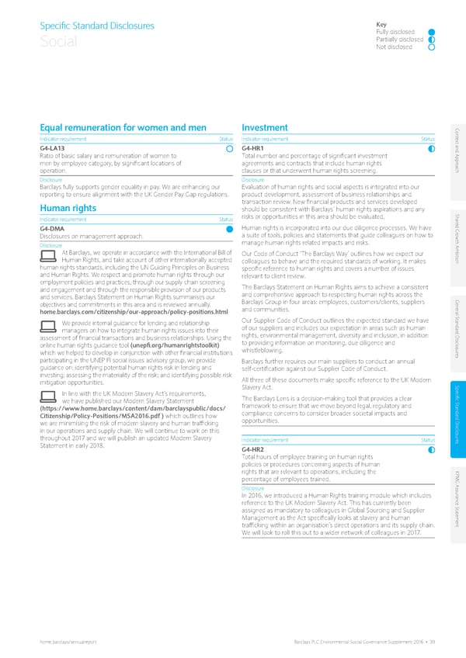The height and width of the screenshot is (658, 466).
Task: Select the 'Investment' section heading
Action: pos(266,127)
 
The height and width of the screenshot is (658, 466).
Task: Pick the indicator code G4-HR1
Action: pos(255,148)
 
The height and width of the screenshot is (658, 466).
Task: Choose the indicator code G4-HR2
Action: pos(255,449)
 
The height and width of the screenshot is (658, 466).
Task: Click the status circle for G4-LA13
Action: pos(229,148)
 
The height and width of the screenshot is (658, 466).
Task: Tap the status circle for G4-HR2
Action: pos(432,449)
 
